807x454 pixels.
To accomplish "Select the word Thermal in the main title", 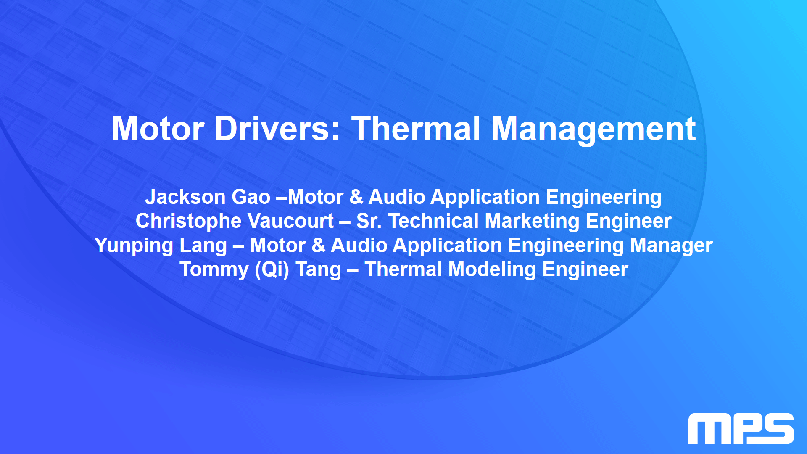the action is click(416, 128).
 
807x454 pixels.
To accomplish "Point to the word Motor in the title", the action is click(158, 129).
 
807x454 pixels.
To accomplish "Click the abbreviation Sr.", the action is click(369, 221).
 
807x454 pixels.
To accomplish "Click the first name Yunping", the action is click(134, 246).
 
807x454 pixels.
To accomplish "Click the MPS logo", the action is click(741, 428).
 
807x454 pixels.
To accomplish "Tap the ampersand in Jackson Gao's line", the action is click(356, 197).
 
